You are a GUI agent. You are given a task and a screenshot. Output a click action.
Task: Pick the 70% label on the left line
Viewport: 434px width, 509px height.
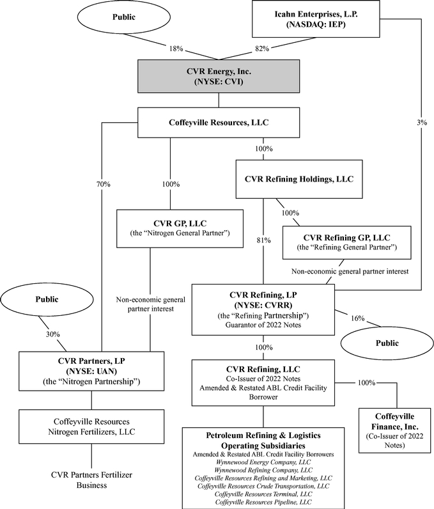(102, 184)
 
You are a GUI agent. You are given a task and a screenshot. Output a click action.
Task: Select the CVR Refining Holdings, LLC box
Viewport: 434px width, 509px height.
(294, 180)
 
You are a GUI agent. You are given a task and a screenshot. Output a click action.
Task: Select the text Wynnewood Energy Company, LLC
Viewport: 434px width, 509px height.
(263, 462)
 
